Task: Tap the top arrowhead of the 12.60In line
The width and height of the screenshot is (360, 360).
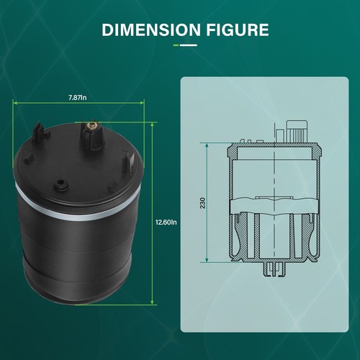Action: (x=153, y=123)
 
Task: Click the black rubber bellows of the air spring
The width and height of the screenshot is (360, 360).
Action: (x=79, y=252)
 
